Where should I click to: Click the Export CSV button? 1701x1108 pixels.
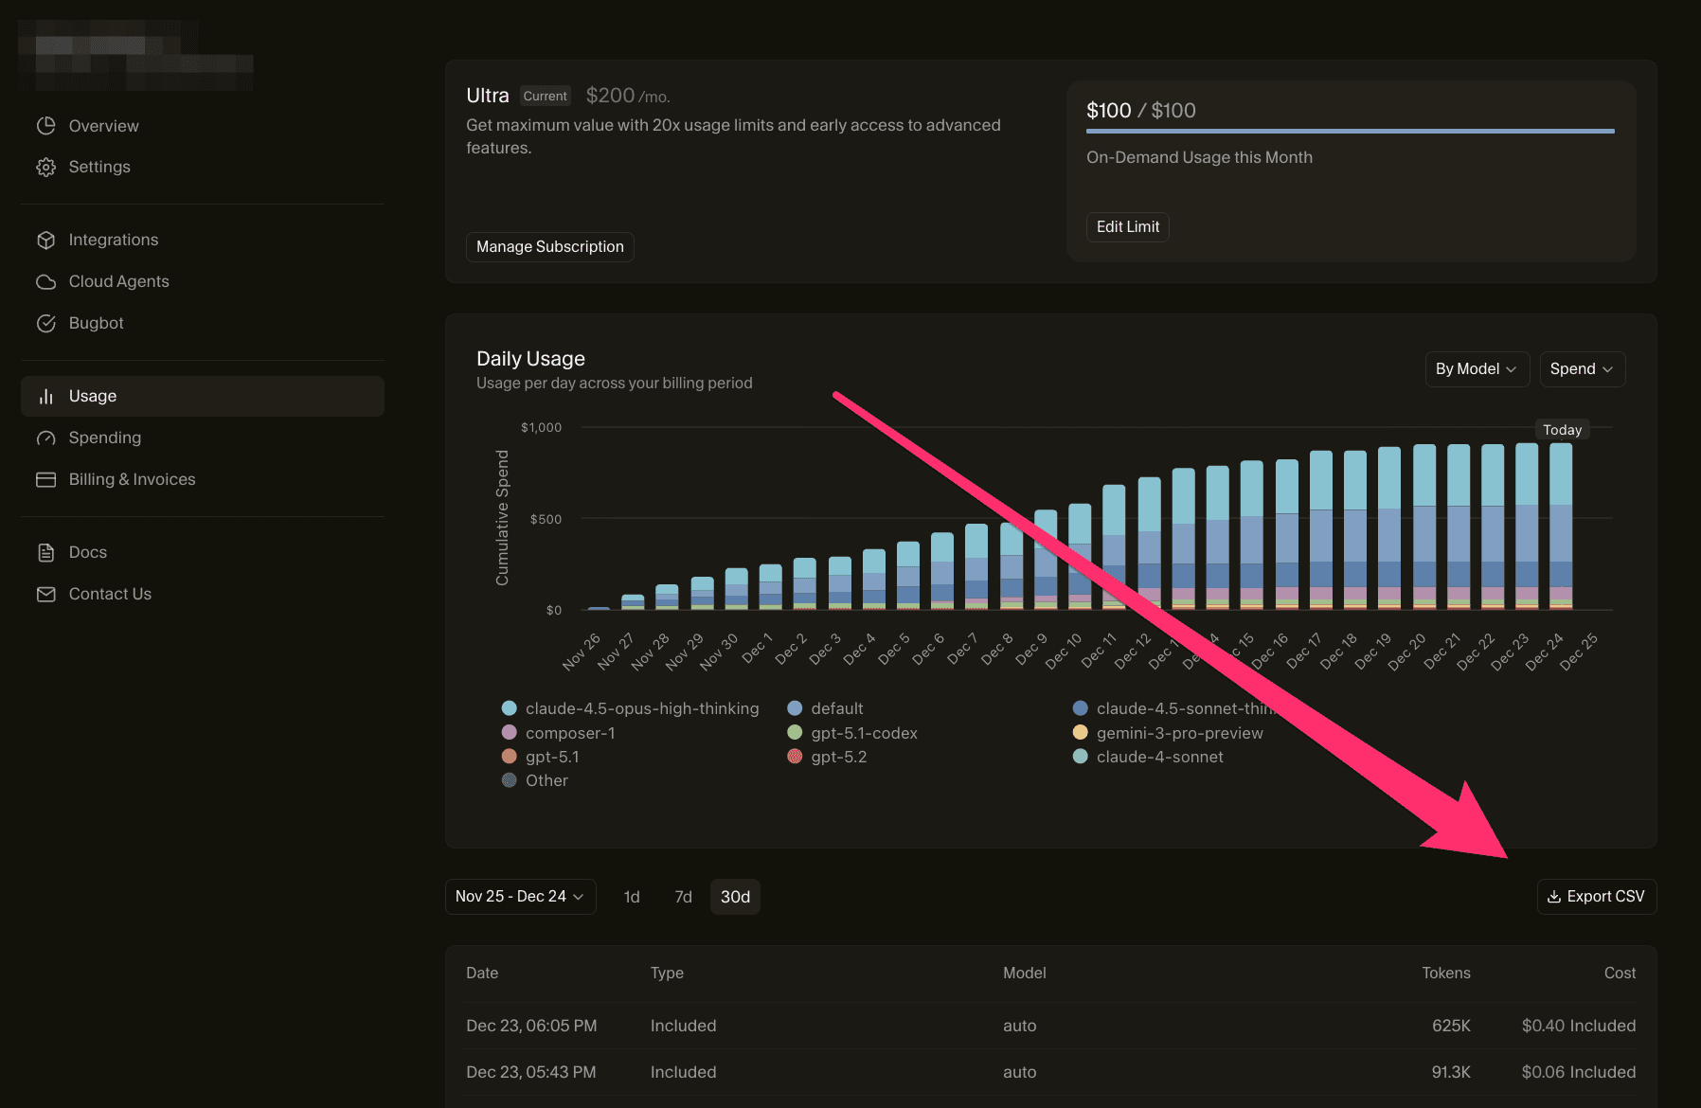pos(1596,896)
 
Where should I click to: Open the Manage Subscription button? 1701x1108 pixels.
pos(549,246)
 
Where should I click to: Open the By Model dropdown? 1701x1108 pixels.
pos(1475,368)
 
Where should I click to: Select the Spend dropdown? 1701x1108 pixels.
pos(1581,368)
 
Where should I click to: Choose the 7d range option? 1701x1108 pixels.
pos(683,896)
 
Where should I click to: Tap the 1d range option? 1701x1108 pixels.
pos(632,896)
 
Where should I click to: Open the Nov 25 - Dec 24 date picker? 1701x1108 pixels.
pos(519,896)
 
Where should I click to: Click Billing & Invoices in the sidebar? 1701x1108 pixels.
pos(132,479)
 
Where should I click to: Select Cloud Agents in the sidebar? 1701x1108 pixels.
pos(118,281)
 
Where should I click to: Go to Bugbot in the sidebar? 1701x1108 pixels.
pos(96,323)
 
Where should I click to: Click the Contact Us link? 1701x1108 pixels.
pos(110,594)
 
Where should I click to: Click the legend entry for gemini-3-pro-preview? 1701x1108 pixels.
pos(1179,733)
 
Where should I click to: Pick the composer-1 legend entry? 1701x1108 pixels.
pos(569,733)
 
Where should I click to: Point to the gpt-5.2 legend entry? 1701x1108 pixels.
pos(838,757)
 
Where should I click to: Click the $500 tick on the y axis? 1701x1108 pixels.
pos(546,519)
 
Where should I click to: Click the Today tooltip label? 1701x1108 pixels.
pos(1562,430)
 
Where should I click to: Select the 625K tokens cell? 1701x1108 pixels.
pos(1450,1026)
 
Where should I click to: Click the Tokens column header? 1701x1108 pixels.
pos(1445,973)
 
